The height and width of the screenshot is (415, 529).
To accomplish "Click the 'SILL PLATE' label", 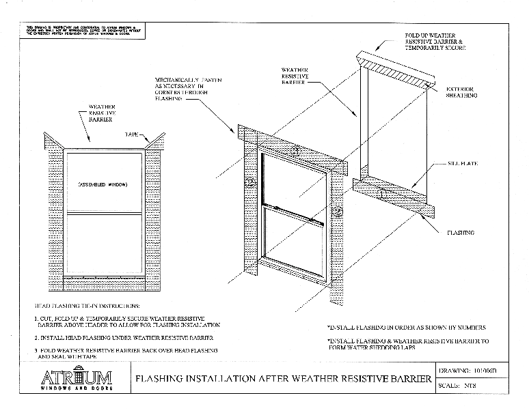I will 462,164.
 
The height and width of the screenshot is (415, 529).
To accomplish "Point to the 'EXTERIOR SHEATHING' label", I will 461,92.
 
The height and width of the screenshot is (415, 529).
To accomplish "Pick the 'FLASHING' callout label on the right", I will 460,233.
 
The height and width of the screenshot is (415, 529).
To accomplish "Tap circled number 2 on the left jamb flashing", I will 250,182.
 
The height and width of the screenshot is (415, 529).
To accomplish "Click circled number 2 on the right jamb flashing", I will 336,212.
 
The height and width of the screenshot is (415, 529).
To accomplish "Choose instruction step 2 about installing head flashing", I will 124,337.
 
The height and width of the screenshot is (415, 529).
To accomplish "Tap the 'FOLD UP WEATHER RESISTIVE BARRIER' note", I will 435,41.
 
